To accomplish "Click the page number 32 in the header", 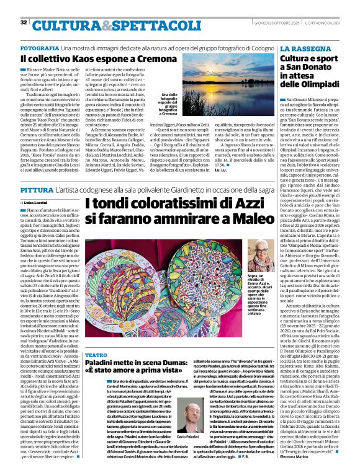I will [24, 6].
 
